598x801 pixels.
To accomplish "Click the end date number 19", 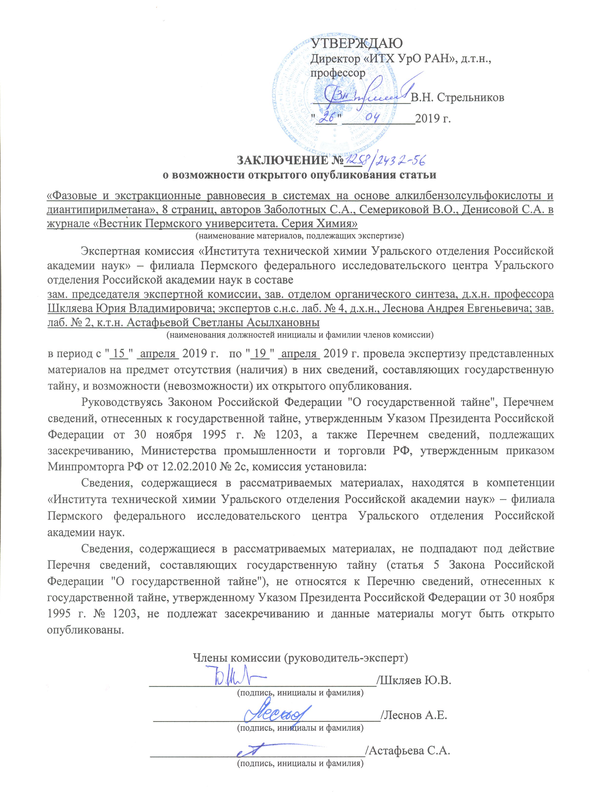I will click(260, 353).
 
